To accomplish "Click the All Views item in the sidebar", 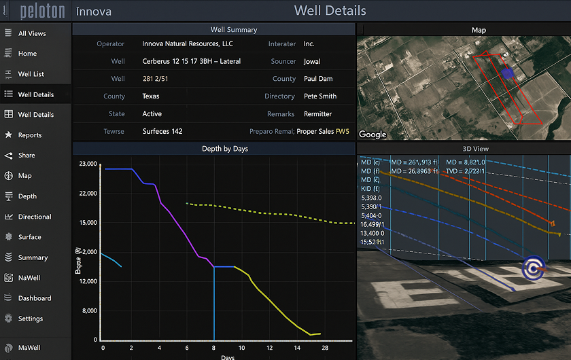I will tap(32, 33).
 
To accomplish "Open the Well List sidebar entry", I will tap(31, 74).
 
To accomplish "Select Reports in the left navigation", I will tap(30, 135).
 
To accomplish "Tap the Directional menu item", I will tap(35, 217).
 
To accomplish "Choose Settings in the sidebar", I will tap(31, 319).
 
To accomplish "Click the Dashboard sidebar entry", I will tap(35, 298).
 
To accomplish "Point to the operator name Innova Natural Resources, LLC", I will tap(188, 44).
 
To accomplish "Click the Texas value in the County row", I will tap(151, 96).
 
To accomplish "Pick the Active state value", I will tap(152, 114).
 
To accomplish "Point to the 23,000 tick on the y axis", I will tap(88, 164).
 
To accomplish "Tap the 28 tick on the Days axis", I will tap(325, 348).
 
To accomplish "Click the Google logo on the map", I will tap(373, 134).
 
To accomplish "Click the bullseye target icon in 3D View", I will tap(534, 268).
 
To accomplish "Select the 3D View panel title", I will tap(476, 149).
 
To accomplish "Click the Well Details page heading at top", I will tap(330, 11).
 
